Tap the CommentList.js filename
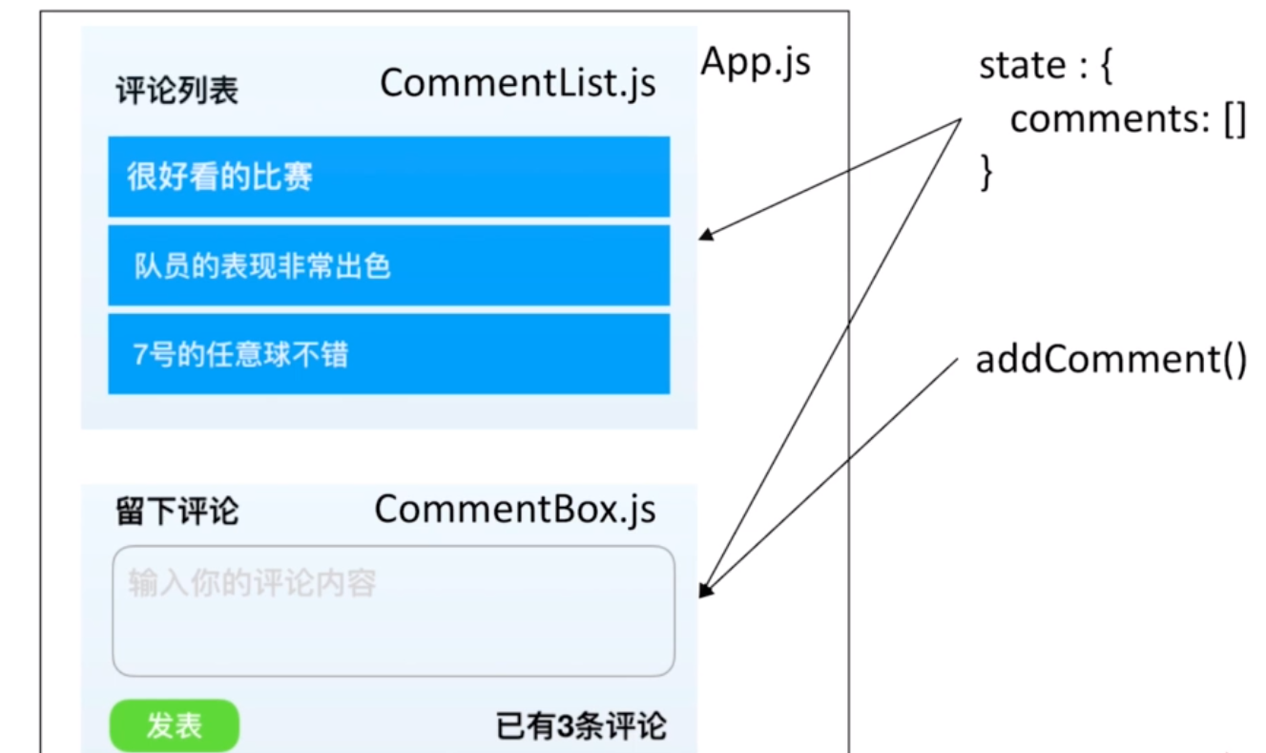point(518,84)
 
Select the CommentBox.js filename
point(515,510)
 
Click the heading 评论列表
point(176,91)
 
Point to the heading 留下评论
point(176,512)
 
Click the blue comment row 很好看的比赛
point(388,177)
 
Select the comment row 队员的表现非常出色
point(388,265)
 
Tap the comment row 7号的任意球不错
point(388,353)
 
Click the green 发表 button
point(175,725)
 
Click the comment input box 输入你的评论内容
point(393,611)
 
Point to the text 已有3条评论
point(581,727)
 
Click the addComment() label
point(1110,362)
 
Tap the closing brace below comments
point(987,174)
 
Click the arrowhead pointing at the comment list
point(707,235)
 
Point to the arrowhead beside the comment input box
point(705,591)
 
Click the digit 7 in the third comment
point(139,355)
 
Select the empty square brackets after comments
point(1234,121)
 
